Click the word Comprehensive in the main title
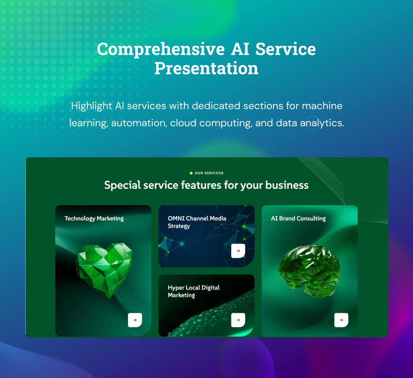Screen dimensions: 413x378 click(160, 50)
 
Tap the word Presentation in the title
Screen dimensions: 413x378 click(206, 68)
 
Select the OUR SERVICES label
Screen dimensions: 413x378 click(209, 173)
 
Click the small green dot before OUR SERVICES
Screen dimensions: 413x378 click(191, 173)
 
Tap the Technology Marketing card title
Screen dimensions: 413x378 click(94, 218)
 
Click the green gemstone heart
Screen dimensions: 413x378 click(104, 270)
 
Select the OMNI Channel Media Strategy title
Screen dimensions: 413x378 click(197, 222)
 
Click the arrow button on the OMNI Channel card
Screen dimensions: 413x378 click(238, 251)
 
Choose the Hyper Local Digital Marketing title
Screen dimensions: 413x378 click(193, 292)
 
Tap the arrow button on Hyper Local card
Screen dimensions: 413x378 click(238, 320)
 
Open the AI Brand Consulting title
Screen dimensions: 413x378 click(298, 218)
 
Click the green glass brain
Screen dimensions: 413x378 click(309, 271)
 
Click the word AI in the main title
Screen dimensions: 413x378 click(240, 49)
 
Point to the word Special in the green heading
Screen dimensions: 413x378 click(122, 185)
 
